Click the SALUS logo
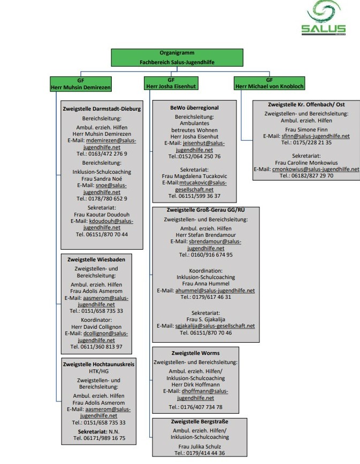[323, 18]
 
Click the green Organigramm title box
[177, 57]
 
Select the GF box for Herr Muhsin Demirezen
[81, 84]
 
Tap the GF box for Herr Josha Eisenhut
[171, 83]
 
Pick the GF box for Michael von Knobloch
[270, 83]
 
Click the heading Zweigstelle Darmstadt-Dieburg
[102, 109]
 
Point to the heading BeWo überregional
[195, 108]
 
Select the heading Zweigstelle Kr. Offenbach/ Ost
[307, 104]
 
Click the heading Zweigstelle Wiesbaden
[96, 259]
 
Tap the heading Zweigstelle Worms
[196, 353]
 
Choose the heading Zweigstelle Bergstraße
[200, 421]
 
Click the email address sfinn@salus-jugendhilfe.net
[316, 136]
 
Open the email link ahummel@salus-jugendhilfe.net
[215, 291]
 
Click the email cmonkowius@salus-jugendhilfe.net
[316, 169]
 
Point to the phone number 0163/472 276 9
[108, 153]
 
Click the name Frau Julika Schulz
[200, 446]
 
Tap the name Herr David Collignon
[96, 327]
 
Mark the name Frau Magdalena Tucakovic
[195, 176]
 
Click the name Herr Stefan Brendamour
[206, 235]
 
